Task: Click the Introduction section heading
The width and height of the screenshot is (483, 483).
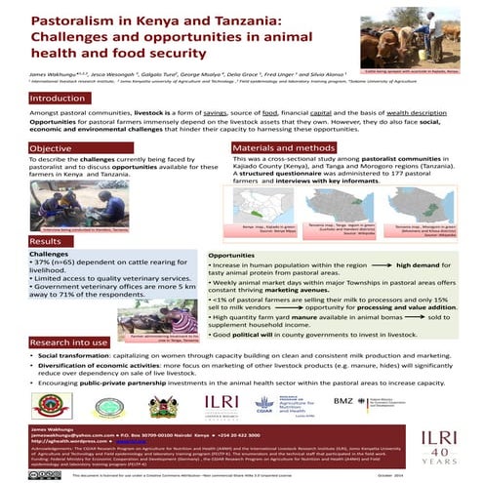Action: tap(59, 99)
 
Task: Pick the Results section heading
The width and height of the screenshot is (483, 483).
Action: tap(47, 240)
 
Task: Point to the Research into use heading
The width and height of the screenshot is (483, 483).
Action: tap(67, 316)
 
